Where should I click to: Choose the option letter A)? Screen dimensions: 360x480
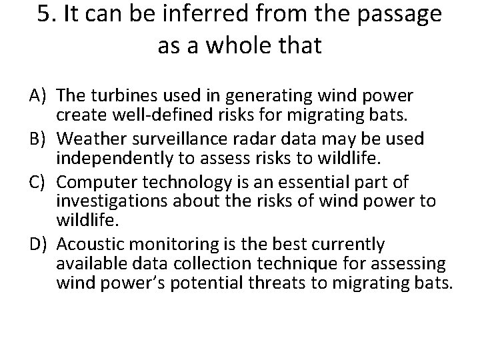point(37,95)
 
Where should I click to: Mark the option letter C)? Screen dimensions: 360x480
point(37,182)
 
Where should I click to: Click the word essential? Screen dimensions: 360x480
point(289,182)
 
